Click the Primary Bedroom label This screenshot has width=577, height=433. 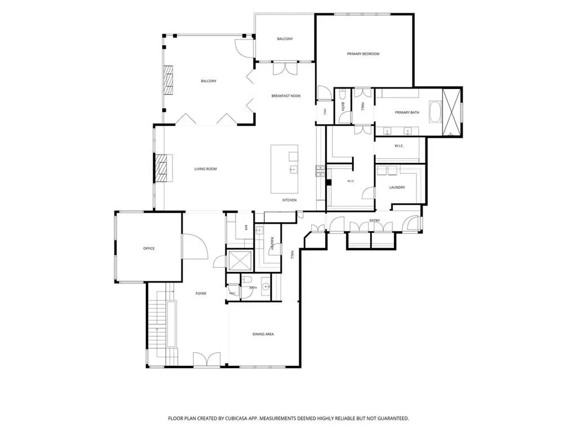point(363,54)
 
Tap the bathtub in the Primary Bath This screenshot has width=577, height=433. point(435,112)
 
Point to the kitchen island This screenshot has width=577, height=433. point(285,169)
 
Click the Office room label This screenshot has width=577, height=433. point(149,249)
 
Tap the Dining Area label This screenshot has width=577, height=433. point(263,334)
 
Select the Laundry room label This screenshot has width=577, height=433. point(397,187)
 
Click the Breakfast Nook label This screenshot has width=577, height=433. point(286,96)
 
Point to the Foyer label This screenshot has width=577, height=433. point(201,293)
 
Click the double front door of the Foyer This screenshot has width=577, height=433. point(207,359)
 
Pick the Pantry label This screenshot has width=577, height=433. point(272,244)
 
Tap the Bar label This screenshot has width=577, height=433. point(246,228)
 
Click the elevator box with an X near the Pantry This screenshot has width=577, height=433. point(239,260)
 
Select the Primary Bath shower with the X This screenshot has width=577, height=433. point(451,112)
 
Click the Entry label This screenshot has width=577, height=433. point(375,220)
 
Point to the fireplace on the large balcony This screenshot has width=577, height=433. point(168,81)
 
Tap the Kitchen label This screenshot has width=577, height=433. point(289,200)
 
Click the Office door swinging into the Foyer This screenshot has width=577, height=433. point(195,246)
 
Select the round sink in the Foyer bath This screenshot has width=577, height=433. point(266,286)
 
